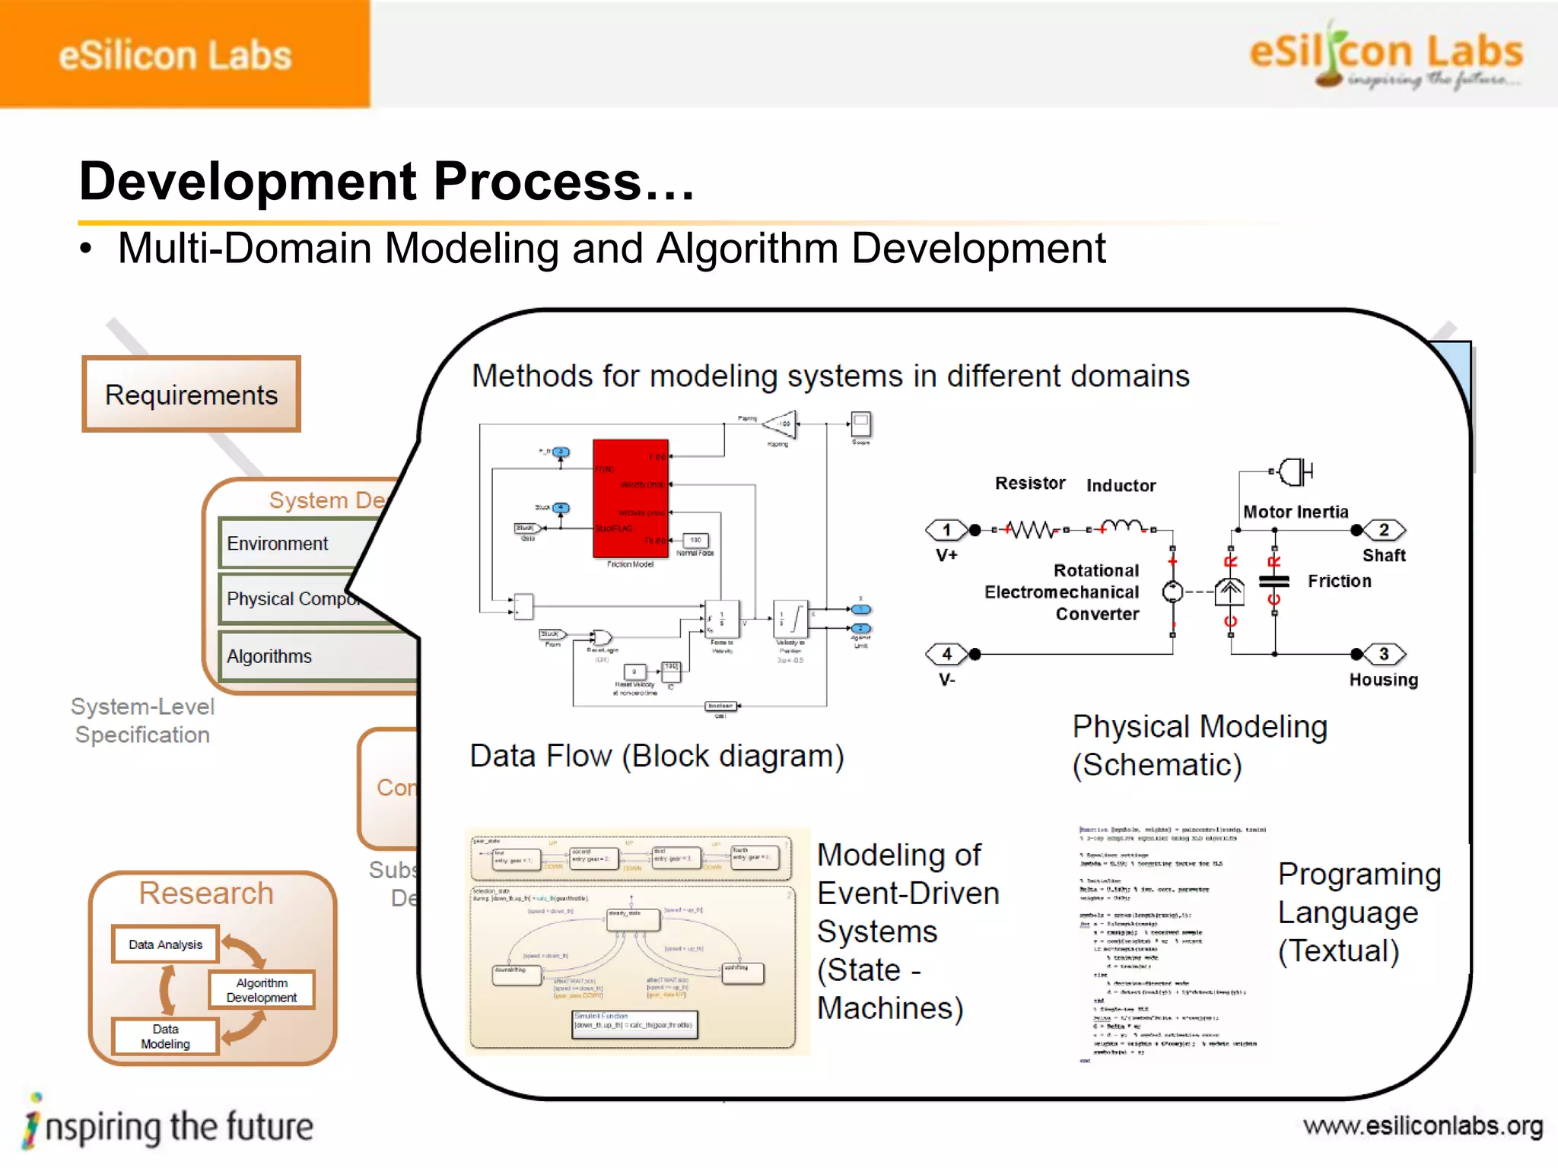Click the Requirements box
(x=191, y=395)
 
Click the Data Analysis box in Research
(x=165, y=944)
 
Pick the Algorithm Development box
(x=261, y=990)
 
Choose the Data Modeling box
(x=165, y=1036)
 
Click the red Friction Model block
(x=631, y=499)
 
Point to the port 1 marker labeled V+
(x=946, y=530)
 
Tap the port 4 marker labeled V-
(x=946, y=654)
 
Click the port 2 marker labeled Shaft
(x=1384, y=530)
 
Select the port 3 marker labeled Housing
(x=1384, y=654)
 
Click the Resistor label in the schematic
(x=1030, y=484)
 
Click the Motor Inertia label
(x=1296, y=512)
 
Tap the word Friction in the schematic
(x=1340, y=581)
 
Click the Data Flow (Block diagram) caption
(x=657, y=756)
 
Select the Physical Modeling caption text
(x=1199, y=728)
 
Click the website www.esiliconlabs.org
(x=1423, y=1126)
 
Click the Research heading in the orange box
(x=205, y=893)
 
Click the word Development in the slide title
(x=248, y=182)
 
